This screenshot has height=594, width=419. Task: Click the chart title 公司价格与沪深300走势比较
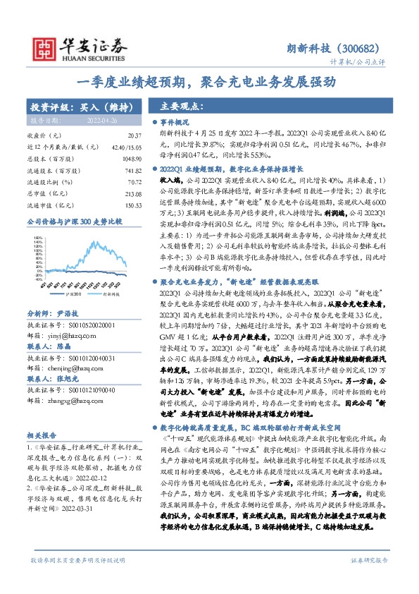click(75, 221)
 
